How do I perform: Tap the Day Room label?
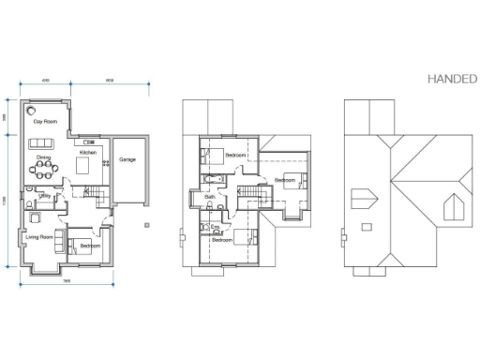[x=44, y=122]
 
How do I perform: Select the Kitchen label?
[x=88, y=152]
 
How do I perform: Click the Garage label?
[x=127, y=159]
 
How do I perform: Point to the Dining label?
[x=42, y=157]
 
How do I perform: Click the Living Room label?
[x=38, y=237]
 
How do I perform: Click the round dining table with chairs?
[x=43, y=171]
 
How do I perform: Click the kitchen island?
[x=82, y=167]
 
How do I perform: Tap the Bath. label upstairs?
[x=211, y=196]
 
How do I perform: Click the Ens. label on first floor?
[x=215, y=226]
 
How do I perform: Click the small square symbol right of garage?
[x=146, y=225]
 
